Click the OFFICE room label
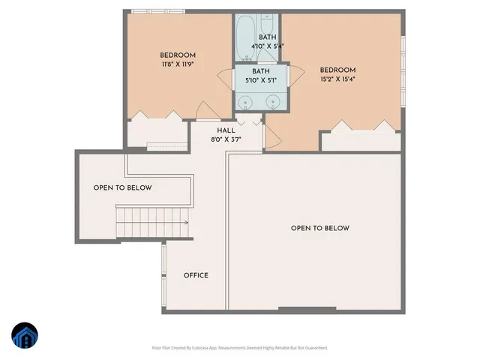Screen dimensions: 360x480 196,275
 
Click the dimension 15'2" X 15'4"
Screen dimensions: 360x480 337,79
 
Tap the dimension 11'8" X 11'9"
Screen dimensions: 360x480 178,64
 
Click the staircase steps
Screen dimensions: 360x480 154,222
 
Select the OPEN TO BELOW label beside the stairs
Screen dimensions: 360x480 122,187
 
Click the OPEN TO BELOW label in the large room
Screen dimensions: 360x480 320,228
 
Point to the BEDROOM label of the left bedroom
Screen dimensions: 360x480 178,55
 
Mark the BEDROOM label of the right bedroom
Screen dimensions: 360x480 337,70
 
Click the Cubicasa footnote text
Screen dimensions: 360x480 240,347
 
